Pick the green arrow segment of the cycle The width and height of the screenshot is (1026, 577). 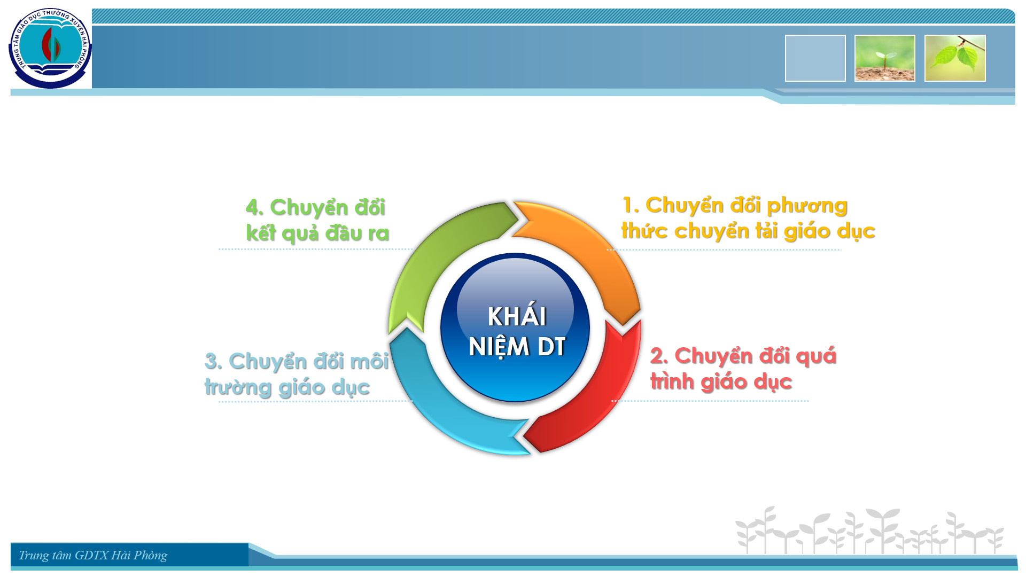pyautogui.click(x=433, y=256)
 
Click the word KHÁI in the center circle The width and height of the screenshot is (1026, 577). pyautogui.click(x=517, y=316)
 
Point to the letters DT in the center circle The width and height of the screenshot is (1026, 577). pyautogui.click(x=551, y=347)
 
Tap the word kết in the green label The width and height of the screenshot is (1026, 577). pyautogui.click(x=260, y=233)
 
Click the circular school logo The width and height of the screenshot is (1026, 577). pyautogui.click(x=50, y=49)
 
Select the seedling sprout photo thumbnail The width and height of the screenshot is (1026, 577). pyautogui.click(x=885, y=58)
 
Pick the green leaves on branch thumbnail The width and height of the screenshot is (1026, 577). pyautogui.click(x=955, y=58)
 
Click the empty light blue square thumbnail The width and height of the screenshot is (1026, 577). pyautogui.click(x=815, y=58)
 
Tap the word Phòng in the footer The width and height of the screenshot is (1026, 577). pyautogui.click(x=150, y=556)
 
